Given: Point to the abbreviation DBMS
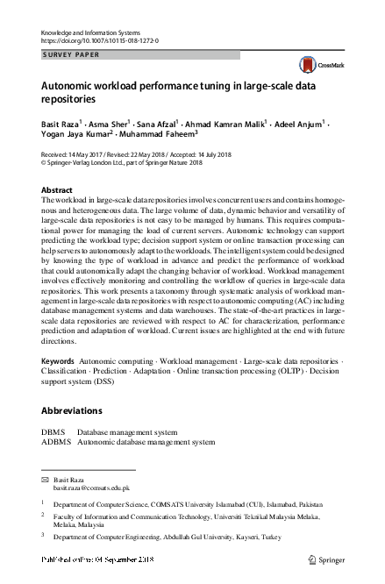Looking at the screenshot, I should tap(54, 432).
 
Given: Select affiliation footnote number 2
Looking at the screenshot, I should tap(43, 516).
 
